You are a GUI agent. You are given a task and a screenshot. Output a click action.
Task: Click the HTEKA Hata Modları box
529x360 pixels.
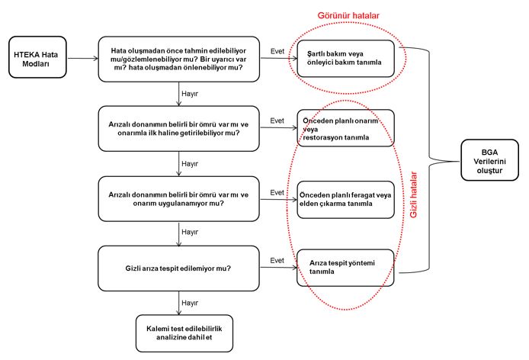click(x=37, y=57)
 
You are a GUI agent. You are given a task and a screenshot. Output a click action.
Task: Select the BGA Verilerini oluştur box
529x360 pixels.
click(x=489, y=160)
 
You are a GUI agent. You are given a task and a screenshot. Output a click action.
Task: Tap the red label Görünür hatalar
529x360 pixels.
click(x=348, y=15)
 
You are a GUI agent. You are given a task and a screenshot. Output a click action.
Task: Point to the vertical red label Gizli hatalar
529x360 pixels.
click(x=413, y=194)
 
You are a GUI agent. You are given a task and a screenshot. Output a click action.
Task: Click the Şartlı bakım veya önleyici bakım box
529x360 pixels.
click(x=345, y=59)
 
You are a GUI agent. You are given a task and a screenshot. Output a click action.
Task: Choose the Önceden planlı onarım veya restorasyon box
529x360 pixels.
click(x=345, y=127)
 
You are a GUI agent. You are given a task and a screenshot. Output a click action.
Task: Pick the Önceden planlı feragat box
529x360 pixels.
click(x=345, y=200)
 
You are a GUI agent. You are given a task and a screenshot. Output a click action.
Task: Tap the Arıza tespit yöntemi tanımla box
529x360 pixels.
click(x=345, y=268)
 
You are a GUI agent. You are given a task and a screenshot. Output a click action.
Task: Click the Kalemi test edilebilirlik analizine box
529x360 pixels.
click(x=184, y=333)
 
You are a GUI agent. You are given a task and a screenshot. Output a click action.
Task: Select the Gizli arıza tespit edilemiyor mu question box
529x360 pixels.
click(x=179, y=268)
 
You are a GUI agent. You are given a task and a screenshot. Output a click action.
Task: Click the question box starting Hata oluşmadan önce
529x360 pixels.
click(x=179, y=59)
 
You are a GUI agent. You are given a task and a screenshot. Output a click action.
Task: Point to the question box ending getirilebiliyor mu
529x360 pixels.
click(x=179, y=129)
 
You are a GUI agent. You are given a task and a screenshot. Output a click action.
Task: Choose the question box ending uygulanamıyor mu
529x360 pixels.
click(x=179, y=199)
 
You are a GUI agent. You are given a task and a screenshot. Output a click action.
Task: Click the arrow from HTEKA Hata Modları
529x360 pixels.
click(x=82, y=59)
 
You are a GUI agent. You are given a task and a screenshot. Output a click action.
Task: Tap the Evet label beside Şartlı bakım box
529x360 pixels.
click(x=277, y=51)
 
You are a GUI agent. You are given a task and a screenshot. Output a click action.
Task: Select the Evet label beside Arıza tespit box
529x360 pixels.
click(x=277, y=260)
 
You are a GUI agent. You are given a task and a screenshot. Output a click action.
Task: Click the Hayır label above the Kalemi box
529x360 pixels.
click(x=190, y=303)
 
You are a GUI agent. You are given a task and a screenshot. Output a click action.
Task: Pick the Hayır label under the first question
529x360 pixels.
click(x=190, y=94)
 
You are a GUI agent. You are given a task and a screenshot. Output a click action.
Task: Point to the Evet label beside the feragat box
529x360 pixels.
click(x=277, y=192)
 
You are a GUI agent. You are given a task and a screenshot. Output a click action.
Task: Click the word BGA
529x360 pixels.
click(x=489, y=153)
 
